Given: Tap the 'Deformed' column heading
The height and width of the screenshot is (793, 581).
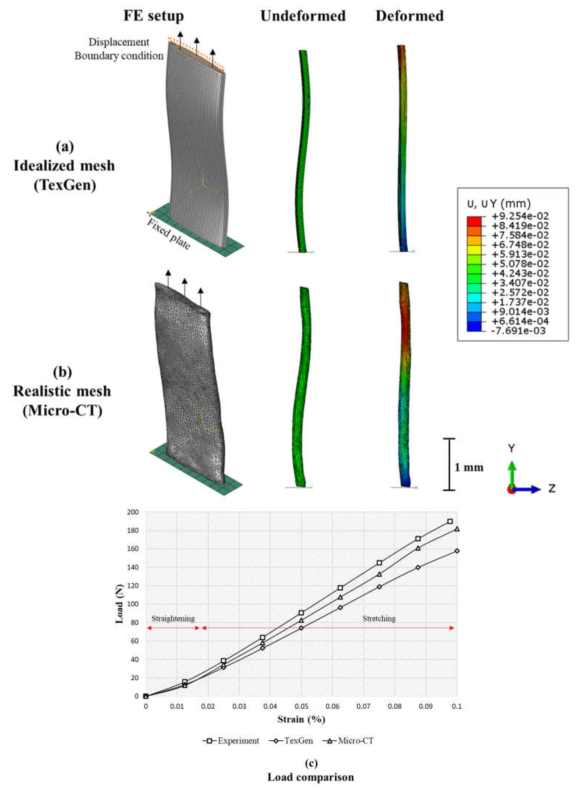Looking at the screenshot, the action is (x=410, y=16).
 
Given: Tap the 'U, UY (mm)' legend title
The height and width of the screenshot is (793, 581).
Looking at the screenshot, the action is (x=499, y=204).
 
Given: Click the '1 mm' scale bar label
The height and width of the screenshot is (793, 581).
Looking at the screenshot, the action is (x=469, y=468).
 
